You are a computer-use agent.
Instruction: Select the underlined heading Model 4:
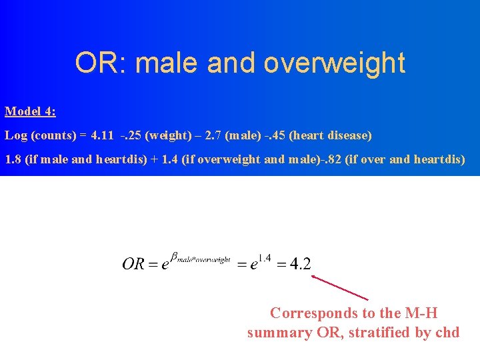[x=31, y=111]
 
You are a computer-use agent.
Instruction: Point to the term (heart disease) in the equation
[x=333, y=135]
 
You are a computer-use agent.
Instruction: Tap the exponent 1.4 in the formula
[x=264, y=258]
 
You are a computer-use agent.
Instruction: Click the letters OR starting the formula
[x=133, y=263]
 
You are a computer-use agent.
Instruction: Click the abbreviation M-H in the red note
[x=419, y=313]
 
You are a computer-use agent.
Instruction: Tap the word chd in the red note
[x=447, y=332]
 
